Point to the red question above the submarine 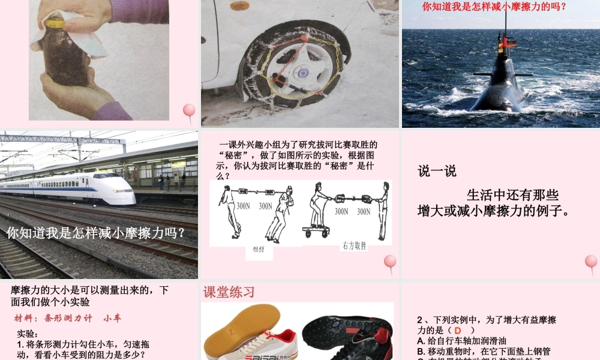click(x=494, y=8)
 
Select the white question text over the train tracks click(x=96, y=233)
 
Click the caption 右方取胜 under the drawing click(x=355, y=246)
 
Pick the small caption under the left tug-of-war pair click(x=258, y=250)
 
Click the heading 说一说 click(x=437, y=171)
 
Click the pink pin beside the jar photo click(x=189, y=110)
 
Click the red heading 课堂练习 click(x=229, y=292)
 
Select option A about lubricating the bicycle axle click(x=464, y=341)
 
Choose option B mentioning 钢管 click(x=483, y=351)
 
